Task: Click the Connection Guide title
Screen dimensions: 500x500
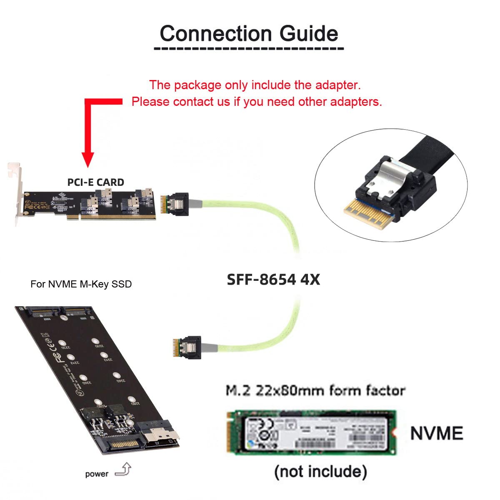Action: [249, 33]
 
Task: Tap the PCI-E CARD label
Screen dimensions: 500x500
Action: [95, 182]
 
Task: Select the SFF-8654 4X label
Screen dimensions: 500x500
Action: [273, 279]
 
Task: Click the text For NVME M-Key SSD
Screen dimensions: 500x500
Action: [81, 284]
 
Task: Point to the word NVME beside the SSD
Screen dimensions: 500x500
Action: [436, 433]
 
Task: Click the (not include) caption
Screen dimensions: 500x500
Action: [320, 472]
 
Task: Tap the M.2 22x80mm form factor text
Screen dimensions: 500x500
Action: [315, 390]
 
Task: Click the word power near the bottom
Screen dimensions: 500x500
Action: [96, 474]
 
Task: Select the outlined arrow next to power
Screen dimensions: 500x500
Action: [123, 470]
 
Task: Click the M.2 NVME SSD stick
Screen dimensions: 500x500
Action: [310, 432]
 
